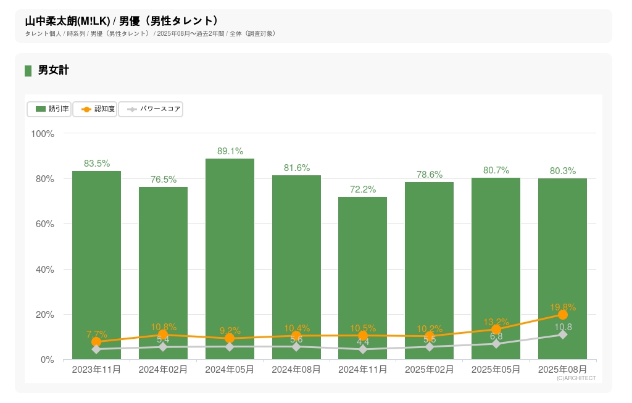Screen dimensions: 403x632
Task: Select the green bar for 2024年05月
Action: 230,259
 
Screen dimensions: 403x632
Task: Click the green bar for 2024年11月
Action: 363,278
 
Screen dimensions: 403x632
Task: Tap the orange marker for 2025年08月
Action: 562,315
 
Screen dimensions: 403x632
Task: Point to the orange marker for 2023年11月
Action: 96,342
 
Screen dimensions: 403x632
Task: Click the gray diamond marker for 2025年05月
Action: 496,344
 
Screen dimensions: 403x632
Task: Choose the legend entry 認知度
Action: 95,109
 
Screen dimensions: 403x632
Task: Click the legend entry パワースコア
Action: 151,109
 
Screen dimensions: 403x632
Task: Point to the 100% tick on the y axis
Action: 43,133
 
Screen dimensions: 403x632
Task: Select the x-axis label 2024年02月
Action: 163,370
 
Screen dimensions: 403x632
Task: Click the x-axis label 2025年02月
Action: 430,370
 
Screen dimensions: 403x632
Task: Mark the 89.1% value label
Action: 230,151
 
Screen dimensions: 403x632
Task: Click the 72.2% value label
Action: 363,189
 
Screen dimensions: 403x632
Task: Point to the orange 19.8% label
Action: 562,307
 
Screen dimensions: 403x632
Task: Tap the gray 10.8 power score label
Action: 563,327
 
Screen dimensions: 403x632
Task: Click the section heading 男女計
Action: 53,70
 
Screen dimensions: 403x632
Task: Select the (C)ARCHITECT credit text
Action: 576,378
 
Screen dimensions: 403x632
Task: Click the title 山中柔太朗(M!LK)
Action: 67,21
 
